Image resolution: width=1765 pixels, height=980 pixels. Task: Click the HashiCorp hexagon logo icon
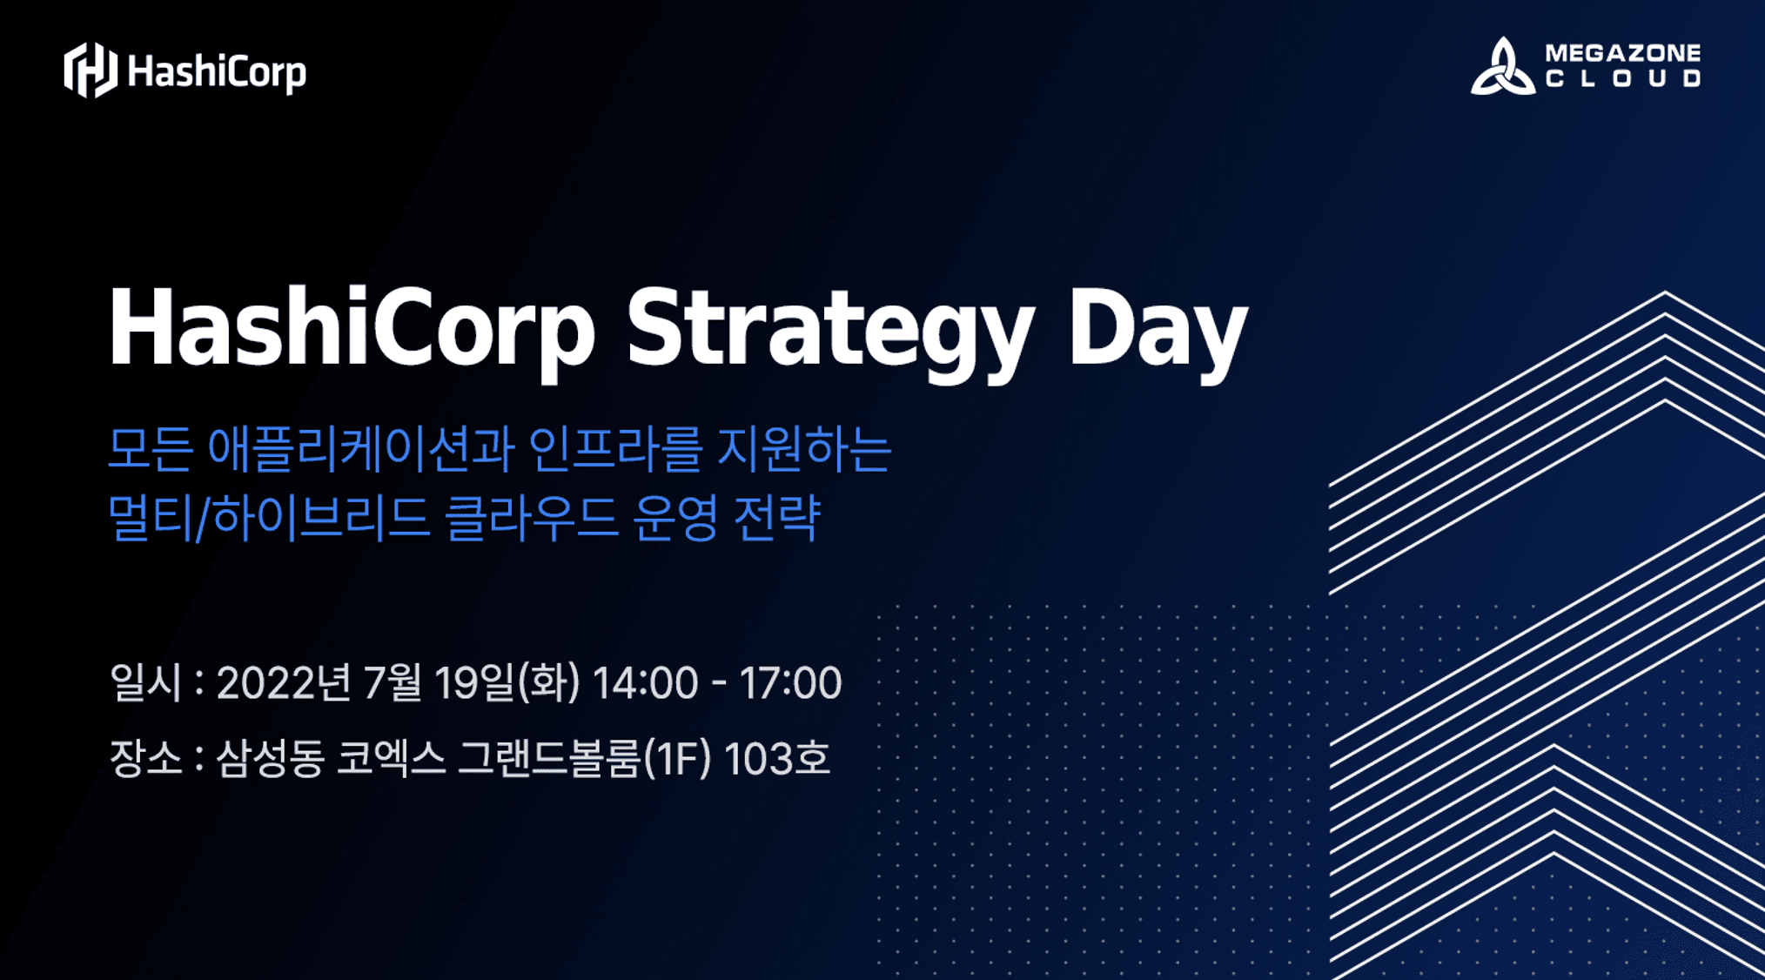[91, 70]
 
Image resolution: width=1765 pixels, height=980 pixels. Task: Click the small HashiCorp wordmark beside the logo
[217, 72]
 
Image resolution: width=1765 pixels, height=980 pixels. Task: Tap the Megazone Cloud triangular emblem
[1502, 66]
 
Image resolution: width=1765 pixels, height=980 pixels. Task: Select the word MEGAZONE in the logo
[1623, 52]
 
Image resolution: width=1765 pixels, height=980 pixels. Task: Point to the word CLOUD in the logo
[1623, 78]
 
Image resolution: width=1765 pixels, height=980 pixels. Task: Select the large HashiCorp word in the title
[352, 331]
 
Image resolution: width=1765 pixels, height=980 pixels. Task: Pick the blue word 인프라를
[614, 449]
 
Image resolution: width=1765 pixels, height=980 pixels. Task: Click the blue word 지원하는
[804, 449]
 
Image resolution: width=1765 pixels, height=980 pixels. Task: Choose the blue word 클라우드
[531, 518]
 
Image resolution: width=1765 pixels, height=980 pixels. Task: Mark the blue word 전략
[777, 518]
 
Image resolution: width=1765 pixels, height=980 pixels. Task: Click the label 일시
[145, 681]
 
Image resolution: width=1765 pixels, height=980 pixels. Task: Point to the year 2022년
[284, 682]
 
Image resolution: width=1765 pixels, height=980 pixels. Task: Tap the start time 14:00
[645, 683]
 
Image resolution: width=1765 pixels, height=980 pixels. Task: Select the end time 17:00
[790, 683]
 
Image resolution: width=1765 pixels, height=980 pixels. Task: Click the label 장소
[145, 757]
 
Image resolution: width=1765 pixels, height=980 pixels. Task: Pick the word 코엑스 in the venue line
[391, 757]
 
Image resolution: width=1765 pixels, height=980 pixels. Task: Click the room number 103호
[776, 758]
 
